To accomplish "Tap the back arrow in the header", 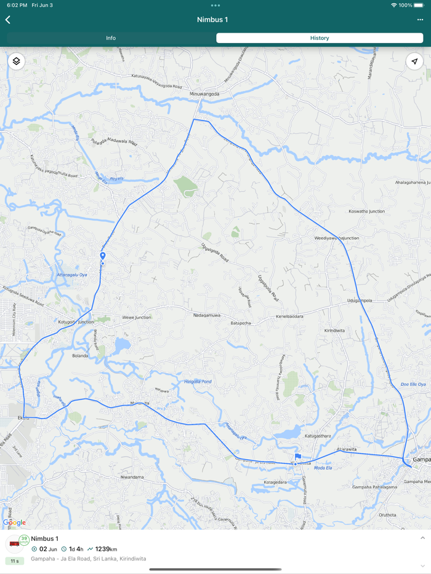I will tap(8, 20).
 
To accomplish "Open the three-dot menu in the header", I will tap(420, 20).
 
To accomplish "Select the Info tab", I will tap(111, 38).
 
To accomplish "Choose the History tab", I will tap(319, 38).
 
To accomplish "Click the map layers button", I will tap(17, 61).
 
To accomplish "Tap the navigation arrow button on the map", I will tap(414, 61).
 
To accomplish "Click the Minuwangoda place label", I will tap(204, 94).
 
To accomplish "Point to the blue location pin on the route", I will tap(103, 256).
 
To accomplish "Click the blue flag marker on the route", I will tap(297, 457).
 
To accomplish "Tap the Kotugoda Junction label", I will tap(76, 322).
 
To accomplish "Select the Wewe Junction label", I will tap(136, 318).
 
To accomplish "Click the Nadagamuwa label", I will tap(207, 315).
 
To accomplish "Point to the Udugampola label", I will tap(360, 301).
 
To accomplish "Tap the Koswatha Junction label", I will tap(366, 211).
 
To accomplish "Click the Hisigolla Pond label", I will tap(198, 382).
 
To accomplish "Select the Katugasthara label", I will tap(318, 436).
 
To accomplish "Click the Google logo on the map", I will tap(14, 522).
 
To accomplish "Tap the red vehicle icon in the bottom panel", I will tap(14, 543).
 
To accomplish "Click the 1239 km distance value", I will tap(106, 549).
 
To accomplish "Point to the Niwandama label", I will tap(132, 477).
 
